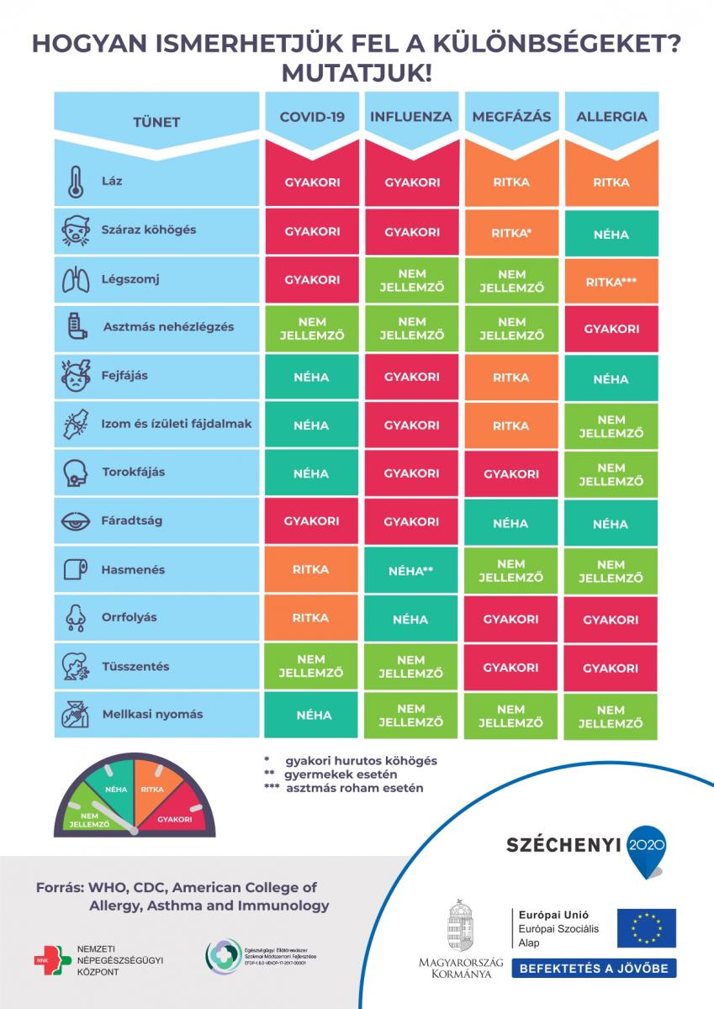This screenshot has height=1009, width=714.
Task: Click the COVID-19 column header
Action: pos(312,117)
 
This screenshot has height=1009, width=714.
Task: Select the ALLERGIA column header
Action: pos(611,117)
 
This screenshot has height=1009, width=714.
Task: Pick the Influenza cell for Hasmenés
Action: pos(411,571)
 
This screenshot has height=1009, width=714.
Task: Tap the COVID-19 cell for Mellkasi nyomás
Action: pos(312,716)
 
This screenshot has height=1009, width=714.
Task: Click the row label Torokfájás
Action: pos(135,473)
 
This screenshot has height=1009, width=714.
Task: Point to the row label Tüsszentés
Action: pos(136,667)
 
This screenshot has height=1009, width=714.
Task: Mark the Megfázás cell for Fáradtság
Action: pos(511,523)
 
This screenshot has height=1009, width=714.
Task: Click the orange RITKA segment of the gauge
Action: pos(153,790)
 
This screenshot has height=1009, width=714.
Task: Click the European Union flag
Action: pos(646,927)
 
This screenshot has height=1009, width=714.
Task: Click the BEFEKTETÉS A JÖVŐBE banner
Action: pos(594,969)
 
